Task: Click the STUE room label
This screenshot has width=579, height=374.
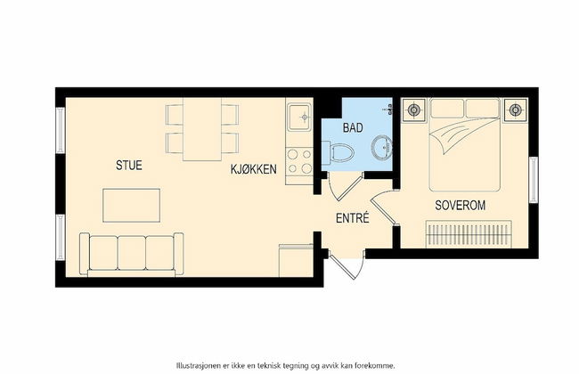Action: pyautogui.click(x=128, y=165)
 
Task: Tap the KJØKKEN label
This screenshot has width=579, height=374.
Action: pyautogui.click(x=254, y=169)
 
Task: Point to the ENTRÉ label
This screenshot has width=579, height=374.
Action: pyautogui.click(x=353, y=218)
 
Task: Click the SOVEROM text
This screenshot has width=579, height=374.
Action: pyautogui.click(x=460, y=205)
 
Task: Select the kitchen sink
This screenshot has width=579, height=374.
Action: pyautogui.click(x=298, y=116)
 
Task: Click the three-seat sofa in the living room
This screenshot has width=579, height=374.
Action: pyautogui.click(x=131, y=252)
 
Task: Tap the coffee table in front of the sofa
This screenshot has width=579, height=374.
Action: pyautogui.click(x=133, y=205)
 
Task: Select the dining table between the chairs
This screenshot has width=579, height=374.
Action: pyautogui.click(x=202, y=131)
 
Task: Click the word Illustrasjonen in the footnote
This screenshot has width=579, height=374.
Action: pyautogui.click(x=204, y=364)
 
